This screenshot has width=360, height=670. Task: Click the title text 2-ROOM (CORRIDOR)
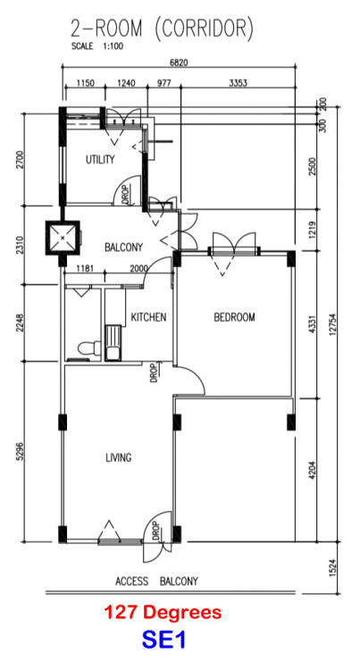[161, 29]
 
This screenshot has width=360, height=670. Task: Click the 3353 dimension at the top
[238, 83]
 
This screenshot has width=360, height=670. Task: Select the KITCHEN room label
[148, 317]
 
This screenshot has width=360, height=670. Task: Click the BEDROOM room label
[234, 317]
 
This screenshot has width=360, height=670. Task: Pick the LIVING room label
[119, 458]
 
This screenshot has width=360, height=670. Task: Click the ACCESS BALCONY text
[156, 581]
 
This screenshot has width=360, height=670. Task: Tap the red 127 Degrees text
[163, 614]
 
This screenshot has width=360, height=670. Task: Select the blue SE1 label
[163, 641]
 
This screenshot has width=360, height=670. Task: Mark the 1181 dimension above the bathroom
[85, 269]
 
